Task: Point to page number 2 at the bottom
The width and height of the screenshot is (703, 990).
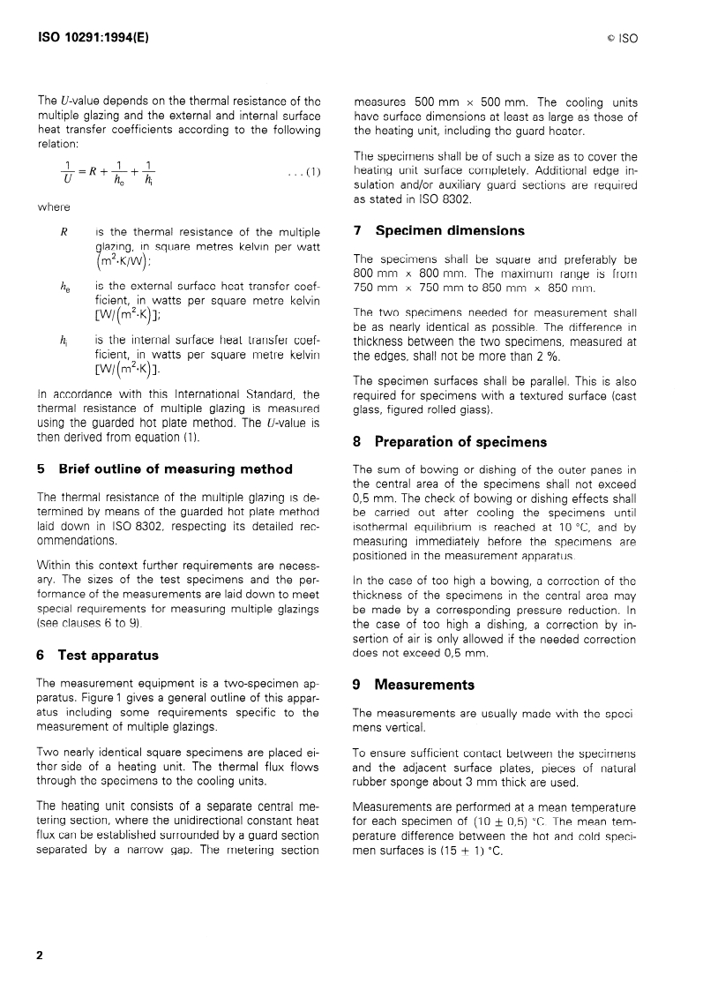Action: point(39,956)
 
